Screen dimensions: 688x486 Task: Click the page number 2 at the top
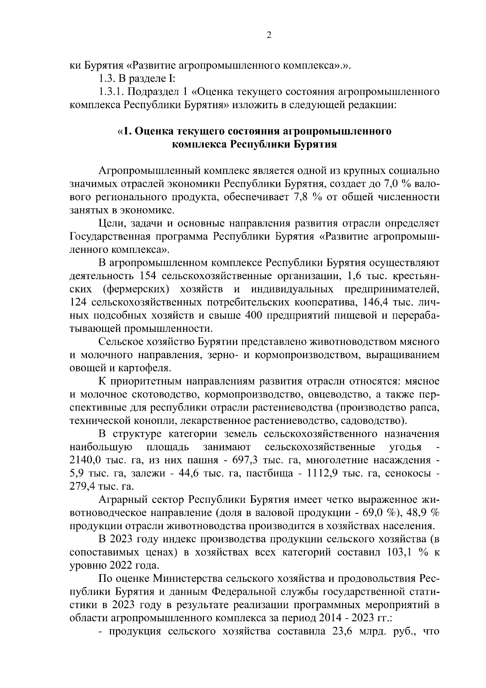point(269,35)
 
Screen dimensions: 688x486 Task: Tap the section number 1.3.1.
point(114,92)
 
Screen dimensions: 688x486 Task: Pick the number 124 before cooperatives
point(79,302)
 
